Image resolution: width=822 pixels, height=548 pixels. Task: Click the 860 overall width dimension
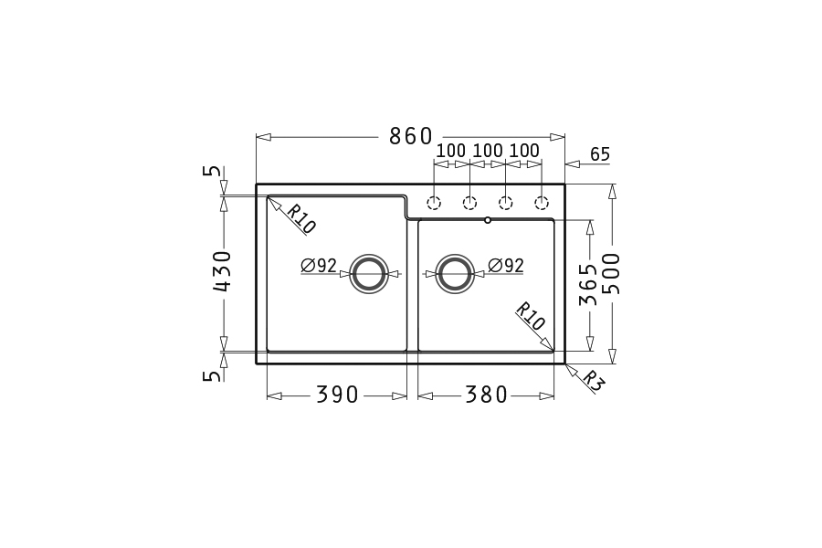(410, 136)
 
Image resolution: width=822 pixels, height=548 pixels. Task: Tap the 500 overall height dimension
(611, 273)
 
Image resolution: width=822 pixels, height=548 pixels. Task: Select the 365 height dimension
(588, 284)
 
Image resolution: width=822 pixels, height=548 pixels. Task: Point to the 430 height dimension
(224, 271)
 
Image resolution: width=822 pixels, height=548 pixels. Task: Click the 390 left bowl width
(337, 395)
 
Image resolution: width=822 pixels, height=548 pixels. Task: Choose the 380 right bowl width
(487, 395)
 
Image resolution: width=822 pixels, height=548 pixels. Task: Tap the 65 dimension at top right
(600, 154)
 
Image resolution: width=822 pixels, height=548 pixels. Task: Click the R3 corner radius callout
(593, 381)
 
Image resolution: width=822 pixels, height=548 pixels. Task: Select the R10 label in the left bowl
(300, 218)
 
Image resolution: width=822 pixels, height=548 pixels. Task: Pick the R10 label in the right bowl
(530, 316)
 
